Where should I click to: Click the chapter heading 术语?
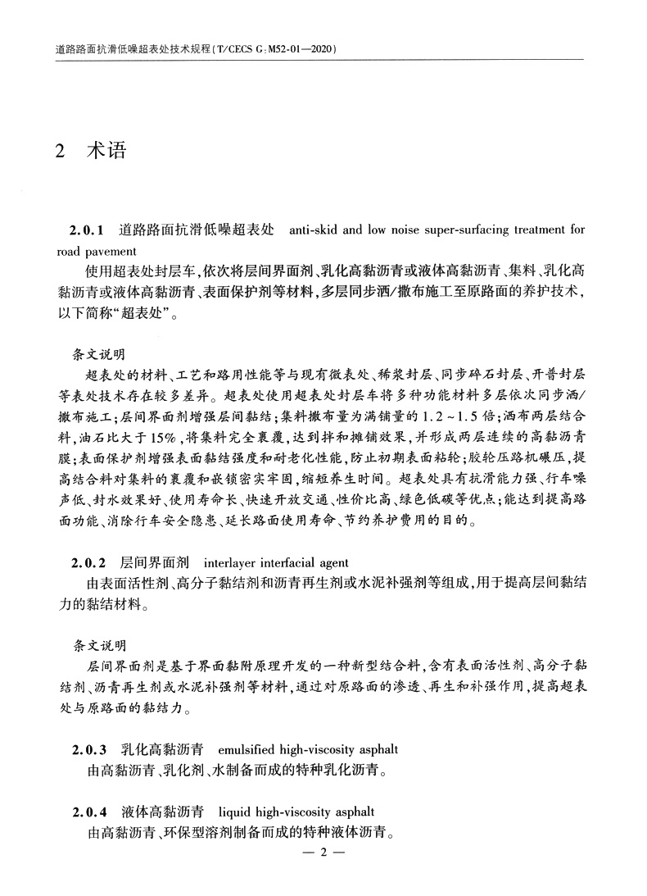106,152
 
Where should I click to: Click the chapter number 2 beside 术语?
59,152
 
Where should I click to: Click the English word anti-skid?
314,230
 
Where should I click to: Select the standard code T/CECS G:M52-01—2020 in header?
274,50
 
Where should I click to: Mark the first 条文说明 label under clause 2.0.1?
99,355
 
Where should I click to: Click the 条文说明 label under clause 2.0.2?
99,646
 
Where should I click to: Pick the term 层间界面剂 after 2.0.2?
154,563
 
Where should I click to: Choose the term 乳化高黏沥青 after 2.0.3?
160,749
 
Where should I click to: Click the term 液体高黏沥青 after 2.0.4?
160,813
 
